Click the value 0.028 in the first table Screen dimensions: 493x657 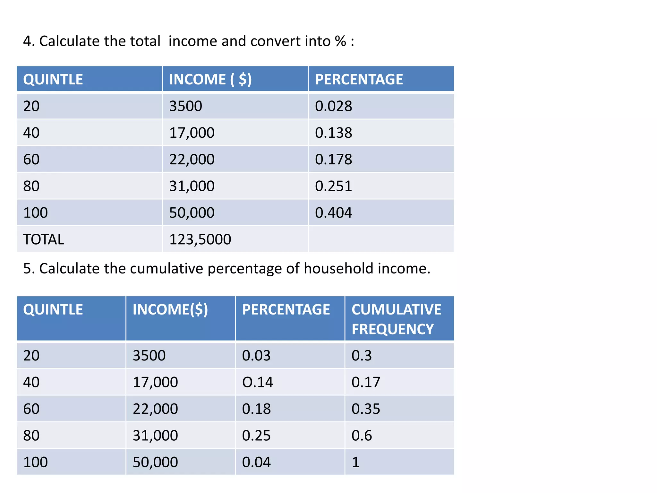(x=333, y=106)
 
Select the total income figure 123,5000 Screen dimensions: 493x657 (x=200, y=239)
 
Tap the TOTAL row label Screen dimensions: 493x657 (x=44, y=239)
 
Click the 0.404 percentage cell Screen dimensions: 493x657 (x=333, y=213)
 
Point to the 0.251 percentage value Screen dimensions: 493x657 (x=333, y=186)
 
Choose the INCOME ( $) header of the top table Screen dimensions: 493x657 (x=210, y=79)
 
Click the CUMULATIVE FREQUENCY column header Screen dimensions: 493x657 (x=396, y=319)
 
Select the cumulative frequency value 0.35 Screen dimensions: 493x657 (x=366, y=409)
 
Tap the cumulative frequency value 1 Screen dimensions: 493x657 (x=355, y=462)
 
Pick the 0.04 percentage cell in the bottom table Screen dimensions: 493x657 (x=256, y=462)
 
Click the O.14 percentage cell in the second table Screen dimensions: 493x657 (x=257, y=382)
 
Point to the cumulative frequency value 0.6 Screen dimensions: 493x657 (x=362, y=436)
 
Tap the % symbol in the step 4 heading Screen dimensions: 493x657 (x=340, y=41)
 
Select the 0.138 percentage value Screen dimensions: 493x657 (x=333, y=133)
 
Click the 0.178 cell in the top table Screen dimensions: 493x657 (x=333, y=160)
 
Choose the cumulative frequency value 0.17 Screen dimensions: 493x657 (x=366, y=382)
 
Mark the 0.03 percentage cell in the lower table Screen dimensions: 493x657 (x=256, y=356)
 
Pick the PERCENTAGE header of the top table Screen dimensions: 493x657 (x=359, y=79)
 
